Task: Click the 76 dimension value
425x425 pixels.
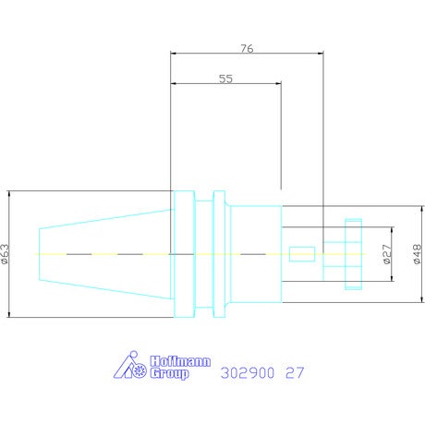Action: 247,48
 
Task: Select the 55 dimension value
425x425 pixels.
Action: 225,79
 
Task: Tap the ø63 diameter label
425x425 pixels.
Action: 6,254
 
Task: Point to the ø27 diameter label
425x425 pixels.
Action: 387,254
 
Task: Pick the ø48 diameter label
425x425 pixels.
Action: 417,254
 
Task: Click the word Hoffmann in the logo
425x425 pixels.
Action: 180,361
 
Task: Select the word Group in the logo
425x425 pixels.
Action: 169,373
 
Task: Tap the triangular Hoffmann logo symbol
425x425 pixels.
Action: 130,365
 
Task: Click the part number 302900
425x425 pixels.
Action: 248,373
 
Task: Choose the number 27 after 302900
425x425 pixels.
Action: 295,373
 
